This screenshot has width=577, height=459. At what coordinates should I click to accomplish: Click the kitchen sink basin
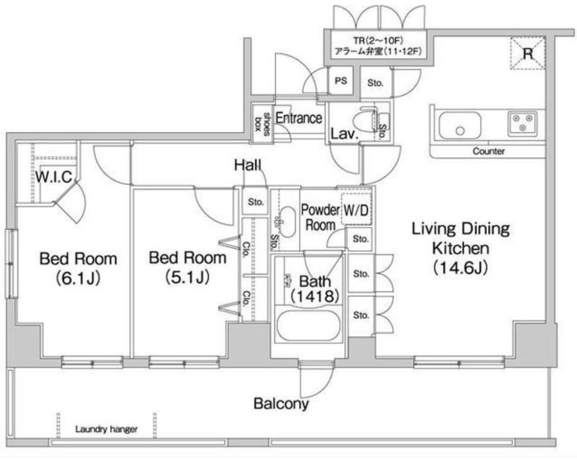click(x=459, y=125)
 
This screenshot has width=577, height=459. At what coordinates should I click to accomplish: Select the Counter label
click(x=488, y=151)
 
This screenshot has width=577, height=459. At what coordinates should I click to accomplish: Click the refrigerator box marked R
click(x=528, y=53)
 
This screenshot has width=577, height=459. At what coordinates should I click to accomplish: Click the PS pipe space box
click(x=341, y=81)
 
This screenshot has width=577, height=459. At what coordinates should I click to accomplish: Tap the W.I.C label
click(x=54, y=177)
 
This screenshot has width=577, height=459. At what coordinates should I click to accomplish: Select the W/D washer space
click(x=356, y=209)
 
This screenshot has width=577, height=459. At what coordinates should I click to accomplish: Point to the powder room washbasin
click(x=287, y=222)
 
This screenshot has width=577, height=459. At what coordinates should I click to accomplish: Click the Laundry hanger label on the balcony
click(x=106, y=429)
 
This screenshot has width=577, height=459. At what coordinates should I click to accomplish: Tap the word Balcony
click(x=281, y=404)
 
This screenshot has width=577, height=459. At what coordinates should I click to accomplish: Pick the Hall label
click(x=248, y=165)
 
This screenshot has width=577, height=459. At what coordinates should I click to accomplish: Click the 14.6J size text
click(x=461, y=267)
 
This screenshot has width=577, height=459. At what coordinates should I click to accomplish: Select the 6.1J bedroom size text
click(x=78, y=278)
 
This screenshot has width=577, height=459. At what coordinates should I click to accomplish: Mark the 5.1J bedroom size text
click(x=188, y=276)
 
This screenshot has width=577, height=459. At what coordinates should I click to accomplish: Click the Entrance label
click(x=298, y=118)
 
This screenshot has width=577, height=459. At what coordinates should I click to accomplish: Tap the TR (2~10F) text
click(x=378, y=40)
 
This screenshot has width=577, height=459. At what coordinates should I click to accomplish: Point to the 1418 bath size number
click(x=315, y=296)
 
